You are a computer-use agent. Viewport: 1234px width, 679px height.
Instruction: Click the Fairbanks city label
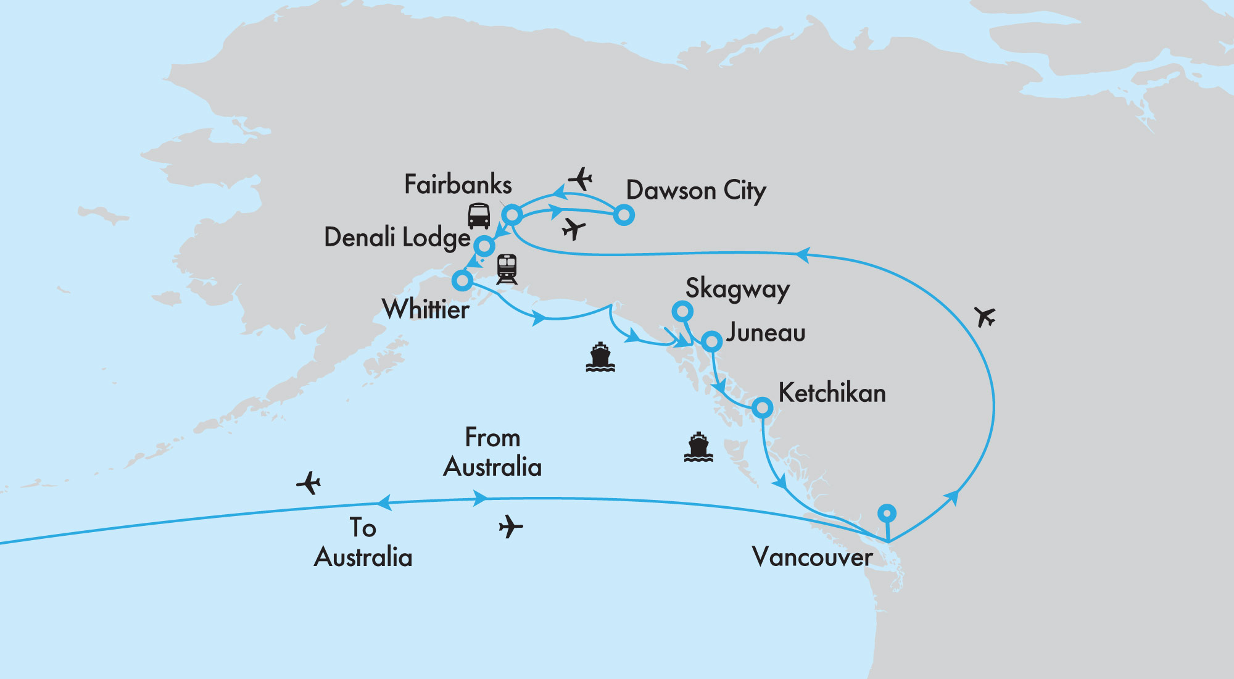tap(458, 185)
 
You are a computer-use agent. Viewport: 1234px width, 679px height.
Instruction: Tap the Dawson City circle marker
tap(624, 215)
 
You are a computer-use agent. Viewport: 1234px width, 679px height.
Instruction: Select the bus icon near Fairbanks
tap(479, 216)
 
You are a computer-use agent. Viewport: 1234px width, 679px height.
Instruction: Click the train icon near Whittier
tap(507, 269)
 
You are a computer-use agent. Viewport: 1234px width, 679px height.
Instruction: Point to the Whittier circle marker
tap(462, 281)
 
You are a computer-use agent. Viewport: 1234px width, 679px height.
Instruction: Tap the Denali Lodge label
tap(397, 238)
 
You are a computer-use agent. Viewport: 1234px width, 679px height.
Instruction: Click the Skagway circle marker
tap(682, 311)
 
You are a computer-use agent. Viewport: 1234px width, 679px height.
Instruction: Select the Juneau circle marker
tap(711, 341)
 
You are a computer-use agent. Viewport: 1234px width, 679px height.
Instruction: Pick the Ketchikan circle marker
tap(762, 408)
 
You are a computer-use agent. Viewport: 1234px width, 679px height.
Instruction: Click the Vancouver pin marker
tap(887, 513)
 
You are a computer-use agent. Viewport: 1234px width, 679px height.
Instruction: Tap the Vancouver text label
tap(812, 557)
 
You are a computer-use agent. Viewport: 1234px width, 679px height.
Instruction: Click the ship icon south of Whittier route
tap(600, 357)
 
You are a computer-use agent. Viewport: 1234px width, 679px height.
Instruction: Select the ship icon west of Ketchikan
tap(698, 448)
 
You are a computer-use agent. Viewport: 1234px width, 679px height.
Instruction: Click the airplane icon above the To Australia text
tap(308, 483)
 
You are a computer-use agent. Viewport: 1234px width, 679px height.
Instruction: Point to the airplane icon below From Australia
tap(510, 527)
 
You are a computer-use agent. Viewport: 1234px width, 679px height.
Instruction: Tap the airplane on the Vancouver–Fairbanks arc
tap(985, 317)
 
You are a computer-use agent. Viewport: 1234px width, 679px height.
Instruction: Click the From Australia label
tap(492, 452)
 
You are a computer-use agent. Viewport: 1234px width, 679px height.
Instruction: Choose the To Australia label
tap(363, 543)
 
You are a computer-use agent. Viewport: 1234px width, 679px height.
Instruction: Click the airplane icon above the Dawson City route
tap(580, 179)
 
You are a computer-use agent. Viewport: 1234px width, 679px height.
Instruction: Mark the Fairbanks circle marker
tap(512, 215)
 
